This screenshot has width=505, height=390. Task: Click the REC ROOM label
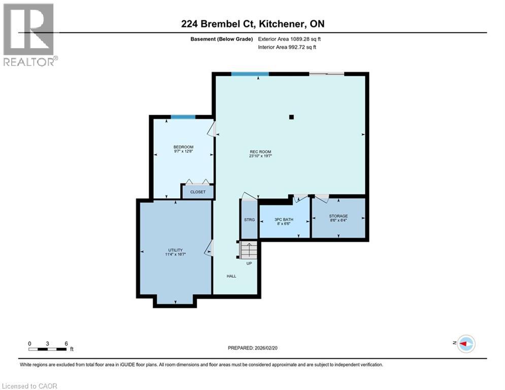(x=261, y=152)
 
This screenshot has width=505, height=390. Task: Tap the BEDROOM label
(x=183, y=147)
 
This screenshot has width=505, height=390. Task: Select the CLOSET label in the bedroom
(x=197, y=192)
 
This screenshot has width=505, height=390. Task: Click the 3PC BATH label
(x=284, y=219)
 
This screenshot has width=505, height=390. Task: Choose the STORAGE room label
(x=338, y=216)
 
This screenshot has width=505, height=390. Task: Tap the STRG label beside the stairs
(x=249, y=219)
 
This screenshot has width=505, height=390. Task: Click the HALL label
(x=231, y=276)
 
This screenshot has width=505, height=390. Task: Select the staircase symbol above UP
(x=249, y=250)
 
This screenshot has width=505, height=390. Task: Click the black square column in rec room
(x=291, y=117)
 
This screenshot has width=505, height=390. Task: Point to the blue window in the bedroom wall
(x=183, y=117)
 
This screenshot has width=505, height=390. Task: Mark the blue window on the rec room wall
(x=250, y=74)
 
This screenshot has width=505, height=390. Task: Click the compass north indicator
(x=465, y=344)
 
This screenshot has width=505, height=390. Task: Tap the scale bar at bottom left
(x=48, y=348)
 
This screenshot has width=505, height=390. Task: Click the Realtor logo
(x=29, y=35)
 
